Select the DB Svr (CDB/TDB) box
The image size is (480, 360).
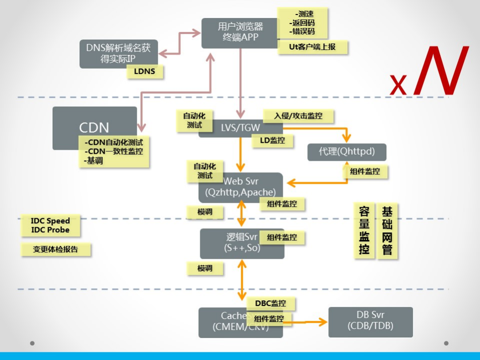tap(370, 322)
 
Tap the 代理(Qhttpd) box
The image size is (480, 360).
tap(346, 151)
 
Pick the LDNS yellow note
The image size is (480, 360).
tap(145, 72)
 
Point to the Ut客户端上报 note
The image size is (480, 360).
tap(312, 47)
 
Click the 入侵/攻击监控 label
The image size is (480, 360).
tap(298, 116)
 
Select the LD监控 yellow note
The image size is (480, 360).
tap(272, 141)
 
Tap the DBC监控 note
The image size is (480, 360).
tap(271, 303)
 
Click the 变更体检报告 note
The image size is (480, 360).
tap(56, 249)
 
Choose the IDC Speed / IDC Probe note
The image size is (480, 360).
tap(50, 225)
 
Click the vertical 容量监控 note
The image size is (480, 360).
tap(364, 230)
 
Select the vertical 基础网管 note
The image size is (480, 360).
tap(387, 230)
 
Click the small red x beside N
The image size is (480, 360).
tap(398, 85)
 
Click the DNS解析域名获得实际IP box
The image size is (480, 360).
tap(118, 54)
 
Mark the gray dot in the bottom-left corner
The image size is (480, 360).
tap(32, 343)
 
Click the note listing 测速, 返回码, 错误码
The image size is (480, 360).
tap(302, 23)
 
